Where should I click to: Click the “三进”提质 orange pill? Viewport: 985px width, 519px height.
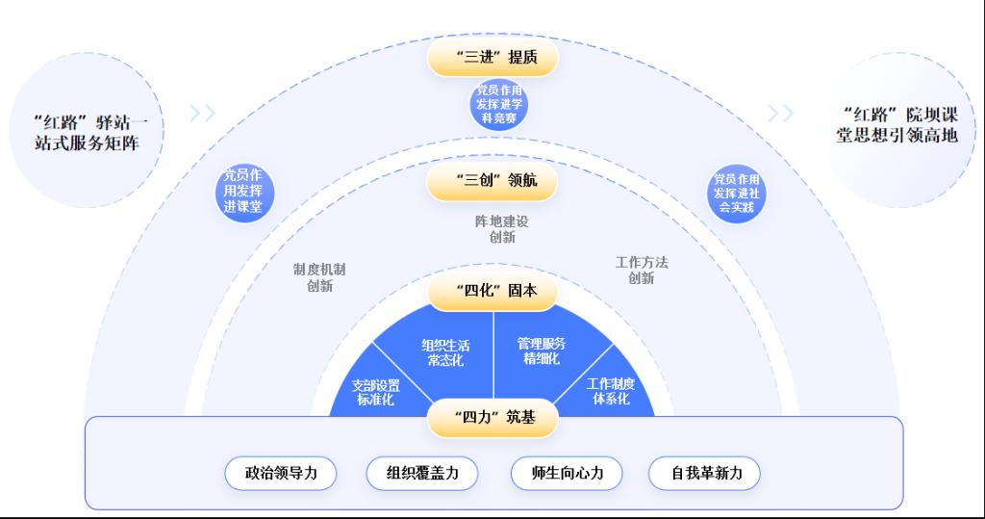tap(492, 57)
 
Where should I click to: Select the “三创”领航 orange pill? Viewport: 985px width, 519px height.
tap(492, 180)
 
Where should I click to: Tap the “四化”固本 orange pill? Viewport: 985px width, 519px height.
tap(492, 291)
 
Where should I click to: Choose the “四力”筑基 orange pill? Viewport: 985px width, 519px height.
tap(492, 418)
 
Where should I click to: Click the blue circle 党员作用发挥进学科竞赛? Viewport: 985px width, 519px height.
tap(500, 104)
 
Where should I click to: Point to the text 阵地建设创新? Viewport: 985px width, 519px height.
tap(501, 228)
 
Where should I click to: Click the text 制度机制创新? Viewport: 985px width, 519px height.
tap(319, 277)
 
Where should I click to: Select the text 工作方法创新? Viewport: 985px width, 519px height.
tap(641, 270)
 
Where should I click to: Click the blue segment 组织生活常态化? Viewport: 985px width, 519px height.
tap(444, 351)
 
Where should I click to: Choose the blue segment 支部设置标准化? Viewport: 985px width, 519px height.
tap(375, 391)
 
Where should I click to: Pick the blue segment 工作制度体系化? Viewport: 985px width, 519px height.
tap(610, 390)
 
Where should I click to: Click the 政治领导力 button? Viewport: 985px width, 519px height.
tap(284, 473)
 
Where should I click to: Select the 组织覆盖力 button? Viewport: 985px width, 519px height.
tap(423, 473)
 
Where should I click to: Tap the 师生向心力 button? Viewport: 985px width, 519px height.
tap(567, 473)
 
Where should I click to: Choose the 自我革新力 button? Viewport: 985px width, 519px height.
tap(703, 473)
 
